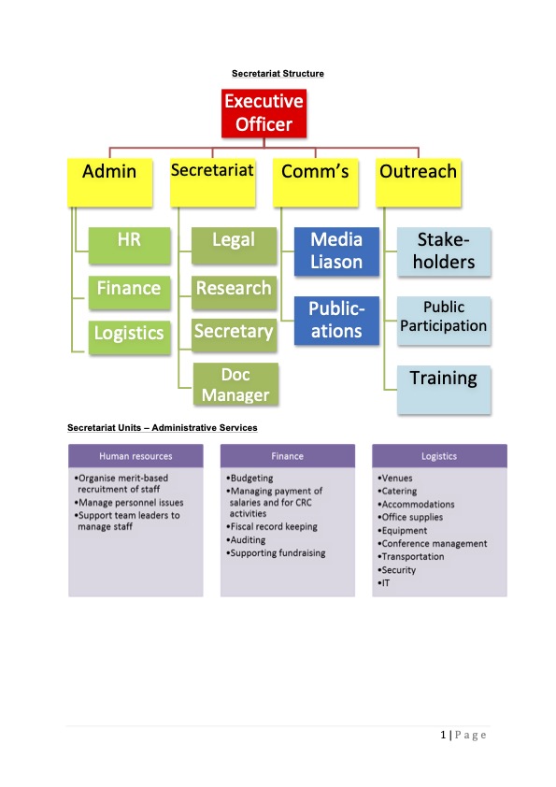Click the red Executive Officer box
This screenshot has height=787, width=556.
tap(264, 113)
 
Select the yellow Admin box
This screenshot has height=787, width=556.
tap(110, 182)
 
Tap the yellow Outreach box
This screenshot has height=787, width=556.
tap(419, 182)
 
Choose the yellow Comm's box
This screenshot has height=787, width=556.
tap(316, 182)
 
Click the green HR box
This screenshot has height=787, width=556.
tap(130, 246)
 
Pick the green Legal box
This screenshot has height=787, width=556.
tap(234, 246)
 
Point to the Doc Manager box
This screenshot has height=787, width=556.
tap(235, 384)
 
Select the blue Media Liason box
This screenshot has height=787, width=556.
tap(336, 251)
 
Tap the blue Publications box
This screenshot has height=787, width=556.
tap(336, 321)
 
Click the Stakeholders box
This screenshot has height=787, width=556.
tap(444, 251)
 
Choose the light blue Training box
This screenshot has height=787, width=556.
tap(444, 390)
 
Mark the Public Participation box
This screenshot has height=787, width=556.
tap(444, 321)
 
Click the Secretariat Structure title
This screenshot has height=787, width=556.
tap(278, 73)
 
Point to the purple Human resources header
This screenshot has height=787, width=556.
tap(136, 456)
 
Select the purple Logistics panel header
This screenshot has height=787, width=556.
tap(439, 456)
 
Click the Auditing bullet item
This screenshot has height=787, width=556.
tap(246, 540)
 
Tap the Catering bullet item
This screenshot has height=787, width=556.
tap(397, 492)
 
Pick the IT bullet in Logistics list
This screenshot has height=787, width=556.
tap(384, 583)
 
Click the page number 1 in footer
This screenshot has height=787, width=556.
tap(443, 735)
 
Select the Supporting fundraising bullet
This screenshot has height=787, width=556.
tap(276, 553)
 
